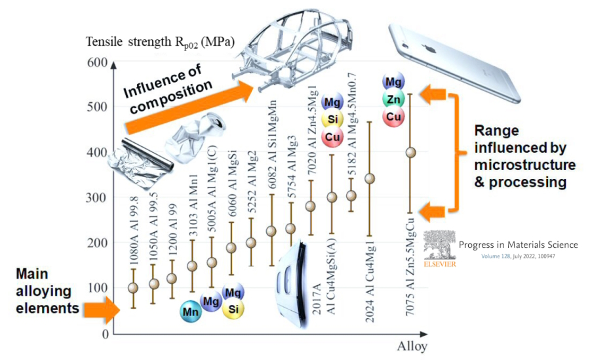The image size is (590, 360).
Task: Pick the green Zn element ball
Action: pos(393,99)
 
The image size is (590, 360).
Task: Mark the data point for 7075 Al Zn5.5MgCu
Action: pos(410,153)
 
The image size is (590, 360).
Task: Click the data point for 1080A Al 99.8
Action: pos(133,288)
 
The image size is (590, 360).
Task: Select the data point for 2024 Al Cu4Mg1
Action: pos(370,178)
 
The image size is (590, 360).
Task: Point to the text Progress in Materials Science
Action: pos(518,245)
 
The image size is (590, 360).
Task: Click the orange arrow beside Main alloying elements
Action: pos(102,306)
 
